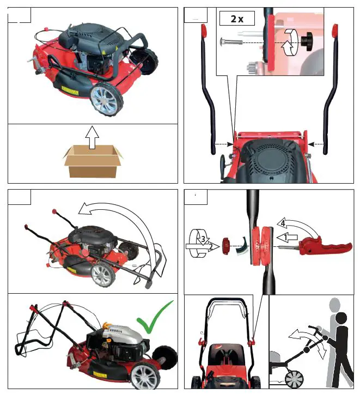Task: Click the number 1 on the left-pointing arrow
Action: (284, 238)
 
